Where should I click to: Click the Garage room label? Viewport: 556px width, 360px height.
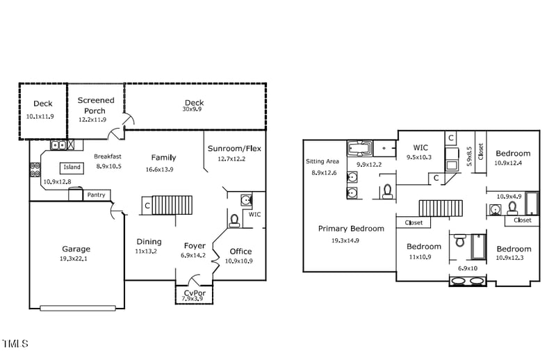coord(75,249)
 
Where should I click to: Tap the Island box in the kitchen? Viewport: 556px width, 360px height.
coord(72,167)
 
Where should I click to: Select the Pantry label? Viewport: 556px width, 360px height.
coord(97,195)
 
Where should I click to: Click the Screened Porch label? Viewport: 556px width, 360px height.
coord(95,106)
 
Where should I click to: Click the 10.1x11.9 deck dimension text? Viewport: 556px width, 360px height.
coord(40,117)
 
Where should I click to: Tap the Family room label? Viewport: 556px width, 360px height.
coord(163,158)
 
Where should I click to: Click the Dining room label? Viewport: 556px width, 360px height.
coord(149,242)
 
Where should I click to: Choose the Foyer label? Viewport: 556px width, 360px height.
coord(195,245)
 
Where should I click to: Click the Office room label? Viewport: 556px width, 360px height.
coord(240,251)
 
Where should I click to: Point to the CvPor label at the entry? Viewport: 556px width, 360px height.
coord(194,293)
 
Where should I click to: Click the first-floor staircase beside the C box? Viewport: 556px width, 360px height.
coord(172,205)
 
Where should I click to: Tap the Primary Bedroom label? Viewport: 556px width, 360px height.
coord(351,229)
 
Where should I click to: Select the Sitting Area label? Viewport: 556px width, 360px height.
coord(322,161)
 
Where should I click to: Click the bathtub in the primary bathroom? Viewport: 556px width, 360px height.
coord(360,148)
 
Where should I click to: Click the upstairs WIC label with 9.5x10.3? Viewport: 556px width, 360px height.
coord(420,147)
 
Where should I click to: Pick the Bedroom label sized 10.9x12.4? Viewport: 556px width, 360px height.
coord(513,154)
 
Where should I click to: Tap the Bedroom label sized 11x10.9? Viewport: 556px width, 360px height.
coord(423,247)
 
